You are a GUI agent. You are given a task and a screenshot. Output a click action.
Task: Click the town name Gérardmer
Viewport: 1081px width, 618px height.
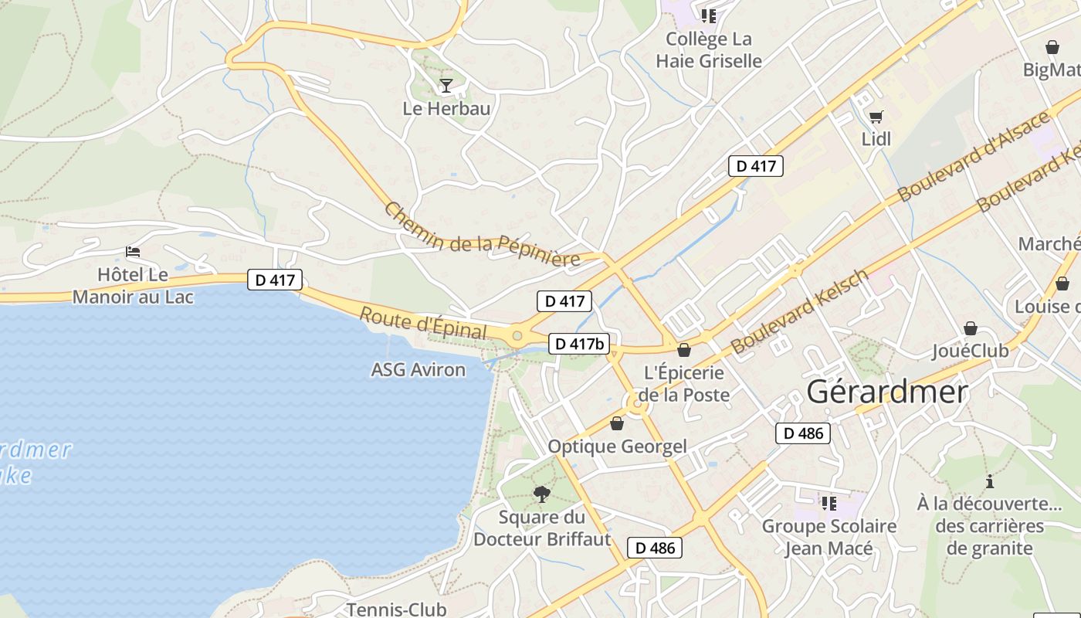point(886,392)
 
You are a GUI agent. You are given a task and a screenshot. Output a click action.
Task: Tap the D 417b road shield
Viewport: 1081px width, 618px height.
point(578,344)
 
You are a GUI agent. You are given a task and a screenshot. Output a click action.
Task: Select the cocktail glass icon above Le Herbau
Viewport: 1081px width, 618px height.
point(446,84)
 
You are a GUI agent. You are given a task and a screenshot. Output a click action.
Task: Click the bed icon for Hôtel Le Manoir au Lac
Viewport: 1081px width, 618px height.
point(133,252)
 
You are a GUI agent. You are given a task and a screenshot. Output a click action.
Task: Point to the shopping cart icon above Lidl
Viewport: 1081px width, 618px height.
point(876,117)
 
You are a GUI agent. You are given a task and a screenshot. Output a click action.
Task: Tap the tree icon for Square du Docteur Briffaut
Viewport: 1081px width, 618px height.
point(542,494)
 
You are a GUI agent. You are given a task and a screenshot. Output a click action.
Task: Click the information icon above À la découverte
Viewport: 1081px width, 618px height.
point(990,482)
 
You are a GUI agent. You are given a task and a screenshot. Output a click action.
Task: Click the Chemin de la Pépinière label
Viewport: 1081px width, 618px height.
point(482,235)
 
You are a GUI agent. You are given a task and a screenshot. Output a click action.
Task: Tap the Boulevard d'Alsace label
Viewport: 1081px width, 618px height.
point(974,156)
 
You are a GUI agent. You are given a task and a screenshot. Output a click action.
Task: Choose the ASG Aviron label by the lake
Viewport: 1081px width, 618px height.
point(419,370)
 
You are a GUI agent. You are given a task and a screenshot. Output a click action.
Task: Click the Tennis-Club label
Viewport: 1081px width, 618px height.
point(396,610)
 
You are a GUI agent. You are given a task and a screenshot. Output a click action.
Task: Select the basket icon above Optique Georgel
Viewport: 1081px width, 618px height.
point(616,423)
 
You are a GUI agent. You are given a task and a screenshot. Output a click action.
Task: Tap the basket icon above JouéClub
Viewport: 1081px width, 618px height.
point(970,329)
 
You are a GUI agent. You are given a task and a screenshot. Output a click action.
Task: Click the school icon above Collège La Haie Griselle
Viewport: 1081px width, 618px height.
point(709,15)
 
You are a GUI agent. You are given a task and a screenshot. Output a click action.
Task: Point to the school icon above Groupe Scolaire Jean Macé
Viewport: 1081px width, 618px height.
point(829,504)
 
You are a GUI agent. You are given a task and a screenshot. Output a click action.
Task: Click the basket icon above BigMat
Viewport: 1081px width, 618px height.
point(1052,47)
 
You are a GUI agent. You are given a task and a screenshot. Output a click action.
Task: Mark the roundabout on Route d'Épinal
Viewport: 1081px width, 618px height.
point(517,336)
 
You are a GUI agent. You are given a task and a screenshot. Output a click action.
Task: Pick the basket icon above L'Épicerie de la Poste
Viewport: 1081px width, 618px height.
point(683,350)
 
